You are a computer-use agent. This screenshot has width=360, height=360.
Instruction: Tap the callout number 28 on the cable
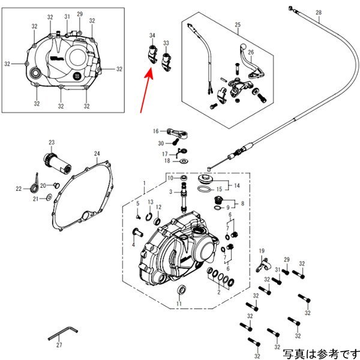click(x=319, y=13)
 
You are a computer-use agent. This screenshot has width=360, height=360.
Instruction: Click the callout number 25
click(x=238, y=25)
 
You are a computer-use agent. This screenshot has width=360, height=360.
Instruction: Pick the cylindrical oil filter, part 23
click(x=57, y=163)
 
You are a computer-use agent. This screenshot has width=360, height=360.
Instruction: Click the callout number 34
click(x=152, y=35)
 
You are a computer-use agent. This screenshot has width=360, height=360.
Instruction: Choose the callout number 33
click(x=166, y=43)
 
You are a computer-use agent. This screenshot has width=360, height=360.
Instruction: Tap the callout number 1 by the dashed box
click(x=145, y=183)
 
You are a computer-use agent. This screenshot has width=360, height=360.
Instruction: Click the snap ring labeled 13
click(x=149, y=217)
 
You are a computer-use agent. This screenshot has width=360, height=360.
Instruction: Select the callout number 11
click(x=179, y=304)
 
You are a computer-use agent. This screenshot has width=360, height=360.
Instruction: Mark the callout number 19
click(x=262, y=251)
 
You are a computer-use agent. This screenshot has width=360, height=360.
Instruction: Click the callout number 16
click(x=155, y=131)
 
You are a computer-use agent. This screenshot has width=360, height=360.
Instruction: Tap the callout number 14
click(x=237, y=185)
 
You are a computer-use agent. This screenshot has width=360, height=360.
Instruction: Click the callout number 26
click(x=251, y=52)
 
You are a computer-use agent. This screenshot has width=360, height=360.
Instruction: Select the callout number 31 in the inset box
click(x=67, y=17)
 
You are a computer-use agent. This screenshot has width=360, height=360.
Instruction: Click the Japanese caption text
click(x=321, y=354)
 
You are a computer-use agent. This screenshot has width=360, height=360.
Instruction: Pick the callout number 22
click(x=19, y=189)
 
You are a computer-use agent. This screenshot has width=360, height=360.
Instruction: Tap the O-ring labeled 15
click(x=204, y=189)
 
